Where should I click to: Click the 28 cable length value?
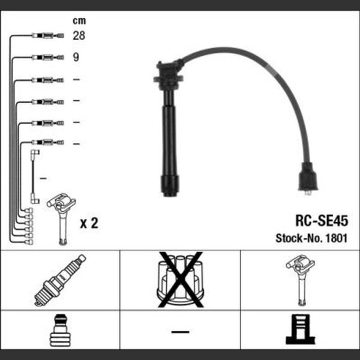coord(79,35)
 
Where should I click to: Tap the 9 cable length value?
coord(76,57)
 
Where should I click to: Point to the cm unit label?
coord(79,21)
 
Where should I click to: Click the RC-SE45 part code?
coord(322,221)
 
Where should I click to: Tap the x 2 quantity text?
coord(89,223)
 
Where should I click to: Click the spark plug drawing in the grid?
coord(60,280)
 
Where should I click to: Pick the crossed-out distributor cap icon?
coord(181,280)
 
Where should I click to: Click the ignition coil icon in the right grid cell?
coord(301,280)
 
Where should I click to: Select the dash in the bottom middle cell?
coord(180,332)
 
